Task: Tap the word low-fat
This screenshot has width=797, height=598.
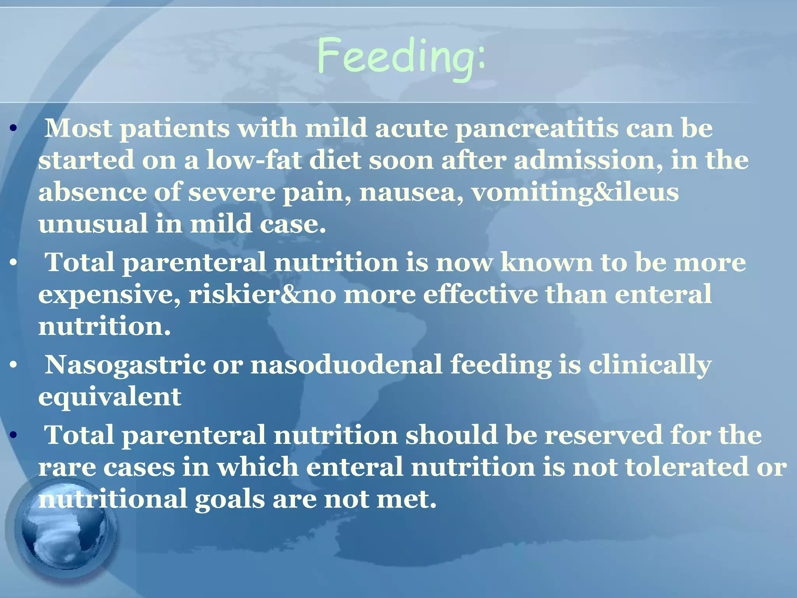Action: tap(253, 161)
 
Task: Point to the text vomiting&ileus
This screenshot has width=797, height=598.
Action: tap(575, 193)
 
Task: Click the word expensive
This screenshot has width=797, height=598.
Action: tap(109, 295)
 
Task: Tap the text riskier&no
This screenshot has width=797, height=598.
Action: tap(262, 295)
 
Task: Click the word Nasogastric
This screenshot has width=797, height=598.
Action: tap(125, 366)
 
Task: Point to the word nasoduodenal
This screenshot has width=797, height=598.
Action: tap(346, 366)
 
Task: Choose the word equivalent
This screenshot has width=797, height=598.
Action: tap(110, 397)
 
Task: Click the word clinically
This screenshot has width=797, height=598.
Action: tap(650, 366)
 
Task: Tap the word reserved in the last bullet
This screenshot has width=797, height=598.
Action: tap(603, 435)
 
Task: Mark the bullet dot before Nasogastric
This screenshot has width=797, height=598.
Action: tap(14, 366)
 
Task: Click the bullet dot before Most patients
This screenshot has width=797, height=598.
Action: tap(14, 128)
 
